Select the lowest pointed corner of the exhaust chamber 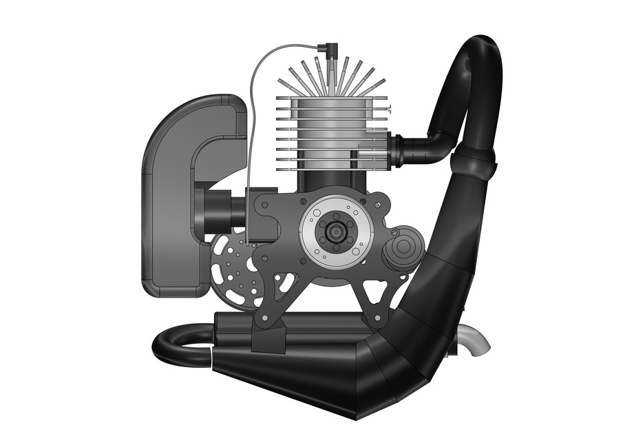(x=356, y=418)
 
